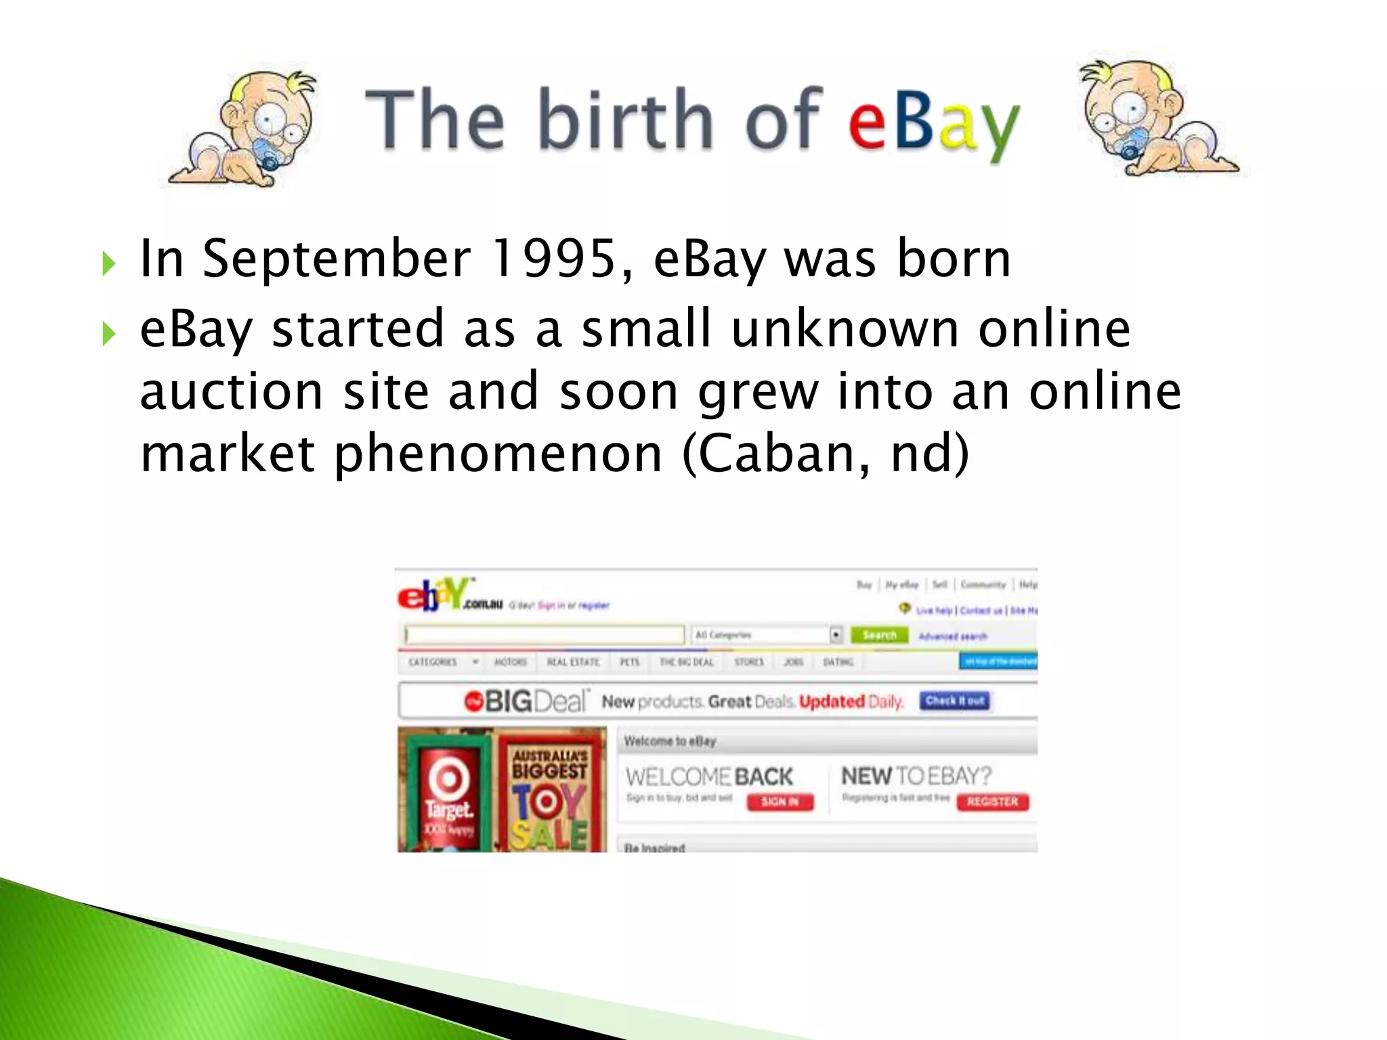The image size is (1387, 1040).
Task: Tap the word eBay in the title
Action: tap(933, 123)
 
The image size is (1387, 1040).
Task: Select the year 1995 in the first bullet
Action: tap(554, 259)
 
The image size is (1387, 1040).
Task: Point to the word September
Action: tap(336, 260)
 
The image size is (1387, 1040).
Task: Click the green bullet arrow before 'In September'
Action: tap(108, 263)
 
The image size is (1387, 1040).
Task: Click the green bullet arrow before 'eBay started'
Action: tap(108, 333)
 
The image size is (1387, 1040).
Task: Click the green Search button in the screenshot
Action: tap(879, 635)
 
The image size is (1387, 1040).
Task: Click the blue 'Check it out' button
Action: tap(954, 701)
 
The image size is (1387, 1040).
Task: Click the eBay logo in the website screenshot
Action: tap(433, 595)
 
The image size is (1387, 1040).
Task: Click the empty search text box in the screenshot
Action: tap(544, 635)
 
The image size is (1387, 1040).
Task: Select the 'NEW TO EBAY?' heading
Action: tap(916, 775)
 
